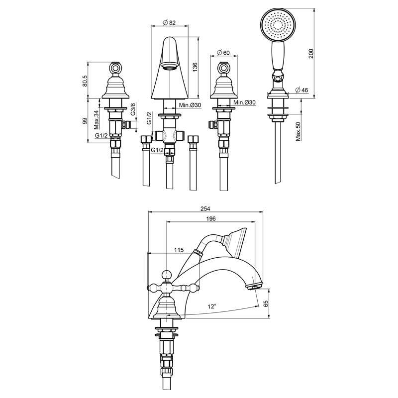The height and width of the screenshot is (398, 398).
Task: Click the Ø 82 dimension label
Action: pyautogui.click(x=169, y=22)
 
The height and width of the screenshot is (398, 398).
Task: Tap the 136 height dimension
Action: pyautogui.click(x=195, y=67)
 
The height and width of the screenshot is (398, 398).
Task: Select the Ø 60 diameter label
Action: pyautogui.click(x=223, y=53)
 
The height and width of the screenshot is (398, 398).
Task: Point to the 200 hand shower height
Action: pyautogui.click(x=311, y=53)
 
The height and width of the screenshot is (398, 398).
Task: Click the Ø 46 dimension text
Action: pyautogui.click(x=302, y=90)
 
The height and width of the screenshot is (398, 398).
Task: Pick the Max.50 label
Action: pyautogui.click(x=298, y=131)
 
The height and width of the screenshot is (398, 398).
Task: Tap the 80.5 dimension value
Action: pyautogui.click(x=85, y=81)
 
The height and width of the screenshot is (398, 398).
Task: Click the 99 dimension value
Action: pyautogui.click(x=85, y=120)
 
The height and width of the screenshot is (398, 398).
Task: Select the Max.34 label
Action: pyautogui.click(x=96, y=119)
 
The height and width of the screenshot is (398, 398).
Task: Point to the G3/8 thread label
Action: pyautogui.click(x=133, y=109)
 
